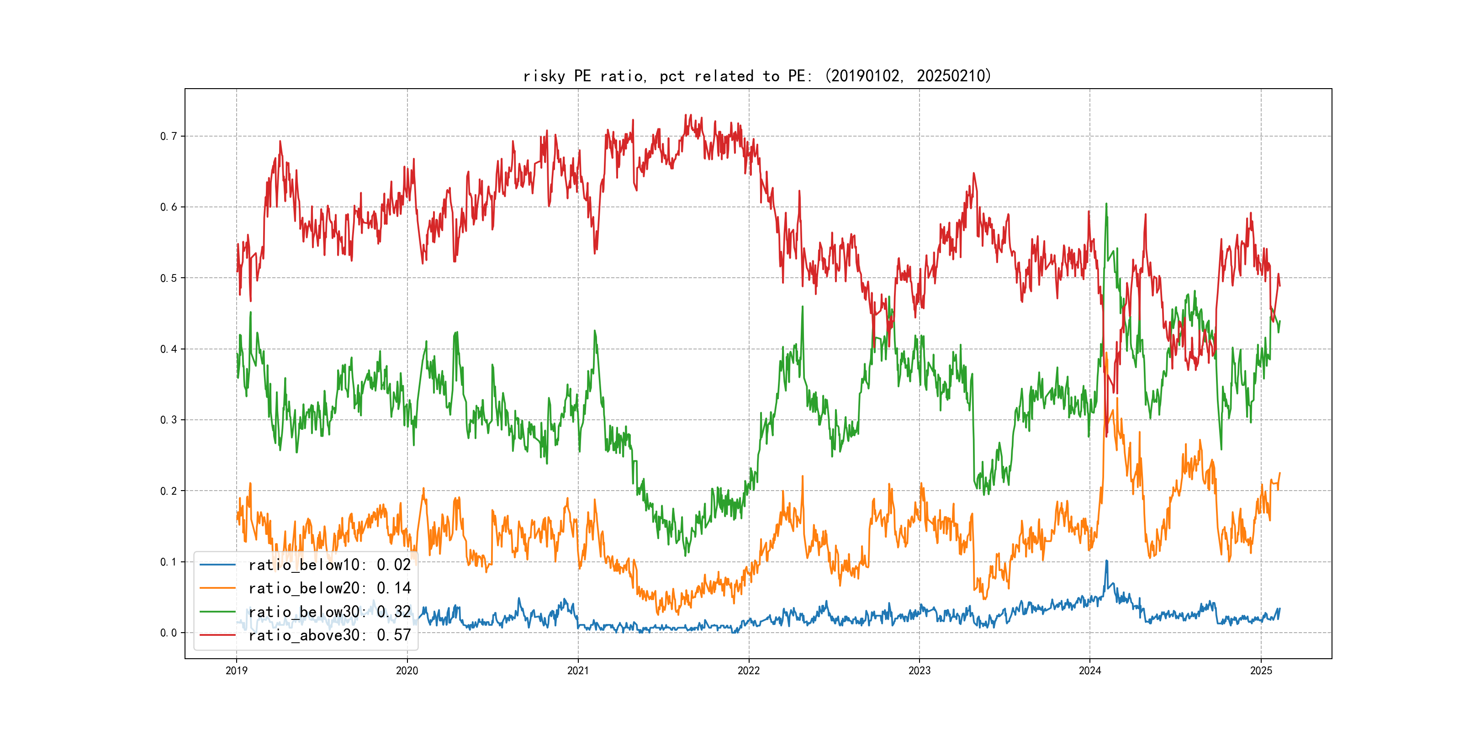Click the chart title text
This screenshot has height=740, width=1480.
757,76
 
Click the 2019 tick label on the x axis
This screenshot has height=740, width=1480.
236,671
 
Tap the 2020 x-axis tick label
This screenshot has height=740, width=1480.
407,671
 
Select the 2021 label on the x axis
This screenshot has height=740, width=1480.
578,671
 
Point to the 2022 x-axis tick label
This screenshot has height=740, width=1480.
749,671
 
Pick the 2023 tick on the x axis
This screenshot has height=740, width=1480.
919,671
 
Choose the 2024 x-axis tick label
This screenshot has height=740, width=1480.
1090,671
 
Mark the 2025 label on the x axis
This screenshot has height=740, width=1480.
1261,671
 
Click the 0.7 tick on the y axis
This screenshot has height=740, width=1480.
169,136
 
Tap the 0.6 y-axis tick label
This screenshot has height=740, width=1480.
169,207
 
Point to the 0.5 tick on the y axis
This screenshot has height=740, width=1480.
169,278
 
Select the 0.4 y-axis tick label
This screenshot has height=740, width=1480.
169,349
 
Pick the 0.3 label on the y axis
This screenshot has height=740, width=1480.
169,420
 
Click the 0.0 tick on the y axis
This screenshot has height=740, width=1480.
169,633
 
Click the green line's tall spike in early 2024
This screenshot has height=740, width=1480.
1106,205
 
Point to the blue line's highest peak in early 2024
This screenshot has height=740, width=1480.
1106,561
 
